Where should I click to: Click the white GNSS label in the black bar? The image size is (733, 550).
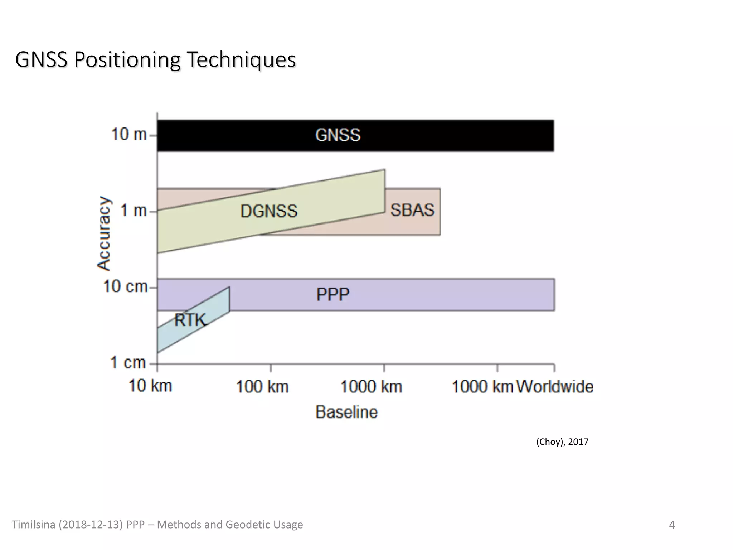tap(338, 135)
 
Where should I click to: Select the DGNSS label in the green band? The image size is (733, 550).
tap(269, 211)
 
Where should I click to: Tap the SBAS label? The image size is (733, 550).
tap(412, 210)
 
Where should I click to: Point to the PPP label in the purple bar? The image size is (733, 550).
tap(332, 295)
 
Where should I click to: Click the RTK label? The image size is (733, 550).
tap(190, 320)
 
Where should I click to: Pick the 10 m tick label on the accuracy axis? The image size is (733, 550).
tap(129, 135)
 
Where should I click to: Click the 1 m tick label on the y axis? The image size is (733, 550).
tap(134, 211)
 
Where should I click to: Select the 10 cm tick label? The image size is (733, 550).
tap(125, 286)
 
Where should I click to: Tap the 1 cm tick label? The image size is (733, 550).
tap(128, 362)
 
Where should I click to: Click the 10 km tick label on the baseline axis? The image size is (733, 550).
tap(150, 386)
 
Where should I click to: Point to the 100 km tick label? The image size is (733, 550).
tap(262, 387)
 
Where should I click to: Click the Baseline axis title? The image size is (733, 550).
tap(346, 412)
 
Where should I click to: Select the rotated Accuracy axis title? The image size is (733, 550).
tap(104, 233)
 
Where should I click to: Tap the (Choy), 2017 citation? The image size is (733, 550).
tap(562, 442)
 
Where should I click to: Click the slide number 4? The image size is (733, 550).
tap(672, 525)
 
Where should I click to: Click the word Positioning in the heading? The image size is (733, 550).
tap(127, 60)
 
